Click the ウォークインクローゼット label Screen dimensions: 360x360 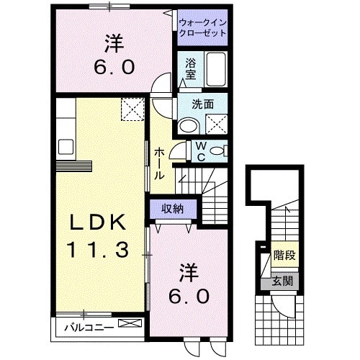[202, 27]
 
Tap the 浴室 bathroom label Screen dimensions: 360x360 [191, 68]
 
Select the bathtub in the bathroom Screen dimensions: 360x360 [216, 70]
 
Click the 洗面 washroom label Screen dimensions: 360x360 [203, 104]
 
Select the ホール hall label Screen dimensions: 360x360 [159, 162]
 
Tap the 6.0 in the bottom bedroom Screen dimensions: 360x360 [189, 295]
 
